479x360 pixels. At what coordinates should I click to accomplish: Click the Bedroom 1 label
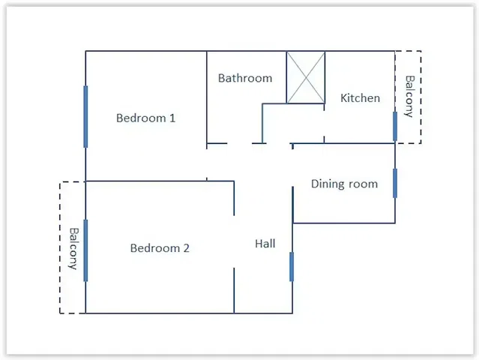click(146, 118)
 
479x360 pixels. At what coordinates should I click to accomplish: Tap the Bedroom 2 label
click(160, 248)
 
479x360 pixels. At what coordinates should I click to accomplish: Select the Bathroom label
click(245, 78)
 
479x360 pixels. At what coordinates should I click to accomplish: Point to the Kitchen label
click(360, 98)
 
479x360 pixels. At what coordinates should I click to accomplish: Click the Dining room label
click(344, 184)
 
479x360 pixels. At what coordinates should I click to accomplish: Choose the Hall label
click(265, 244)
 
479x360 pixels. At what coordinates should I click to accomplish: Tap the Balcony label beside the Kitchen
click(409, 97)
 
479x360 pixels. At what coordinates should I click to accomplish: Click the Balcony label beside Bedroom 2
click(73, 248)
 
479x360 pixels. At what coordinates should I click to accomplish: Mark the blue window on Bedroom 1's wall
click(85, 116)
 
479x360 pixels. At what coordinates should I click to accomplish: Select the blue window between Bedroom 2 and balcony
click(85, 250)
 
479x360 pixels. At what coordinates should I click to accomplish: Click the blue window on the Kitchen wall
click(395, 126)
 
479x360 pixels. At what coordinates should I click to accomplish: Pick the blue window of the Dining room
click(395, 183)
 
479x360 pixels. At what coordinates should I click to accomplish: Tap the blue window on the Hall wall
click(292, 266)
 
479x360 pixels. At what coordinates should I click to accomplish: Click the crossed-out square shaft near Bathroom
click(306, 77)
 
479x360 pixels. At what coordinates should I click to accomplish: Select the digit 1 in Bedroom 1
click(172, 118)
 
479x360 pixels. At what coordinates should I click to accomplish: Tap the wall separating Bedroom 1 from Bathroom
click(207, 97)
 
